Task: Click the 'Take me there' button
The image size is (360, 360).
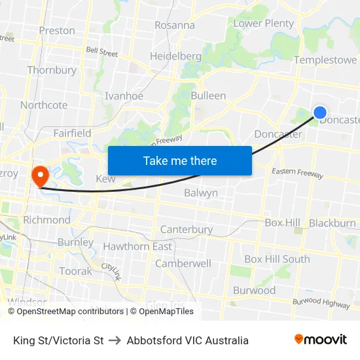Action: click(x=180, y=160)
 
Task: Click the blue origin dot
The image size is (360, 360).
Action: click(x=320, y=113)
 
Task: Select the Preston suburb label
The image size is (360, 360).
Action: click(x=57, y=30)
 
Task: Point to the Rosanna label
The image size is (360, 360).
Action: click(x=175, y=26)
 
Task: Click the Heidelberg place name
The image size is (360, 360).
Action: click(x=175, y=56)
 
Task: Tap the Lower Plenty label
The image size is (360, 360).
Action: click(x=264, y=24)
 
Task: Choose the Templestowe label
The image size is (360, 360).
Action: click(x=325, y=60)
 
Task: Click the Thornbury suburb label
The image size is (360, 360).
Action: click(x=52, y=70)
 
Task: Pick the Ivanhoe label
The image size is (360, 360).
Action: click(x=124, y=96)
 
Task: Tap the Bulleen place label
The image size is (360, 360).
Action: click(x=208, y=96)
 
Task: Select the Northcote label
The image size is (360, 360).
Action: click(x=44, y=105)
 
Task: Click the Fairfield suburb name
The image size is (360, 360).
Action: click(x=72, y=133)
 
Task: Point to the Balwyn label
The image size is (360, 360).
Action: click(x=200, y=193)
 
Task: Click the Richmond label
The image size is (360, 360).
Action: click(x=46, y=220)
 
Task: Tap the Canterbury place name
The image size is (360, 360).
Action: click(x=187, y=230)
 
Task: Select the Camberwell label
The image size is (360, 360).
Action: click(x=183, y=263)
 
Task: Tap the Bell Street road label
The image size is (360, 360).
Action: click(x=102, y=51)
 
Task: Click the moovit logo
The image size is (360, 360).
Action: click(x=320, y=340)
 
